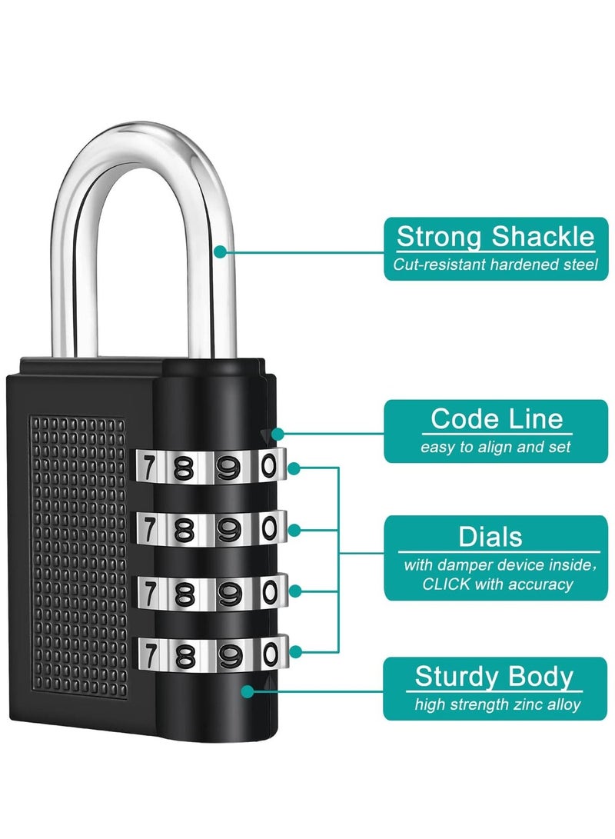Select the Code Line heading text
(x=496, y=419)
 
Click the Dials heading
(x=490, y=536)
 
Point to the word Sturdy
(x=452, y=677)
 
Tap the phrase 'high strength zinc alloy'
(x=497, y=704)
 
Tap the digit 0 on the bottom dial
(x=268, y=654)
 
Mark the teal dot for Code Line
(x=277, y=434)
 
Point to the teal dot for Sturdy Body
(x=247, y=691)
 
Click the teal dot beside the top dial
(x=294, y=467)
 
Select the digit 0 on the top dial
(x=268, y=465)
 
